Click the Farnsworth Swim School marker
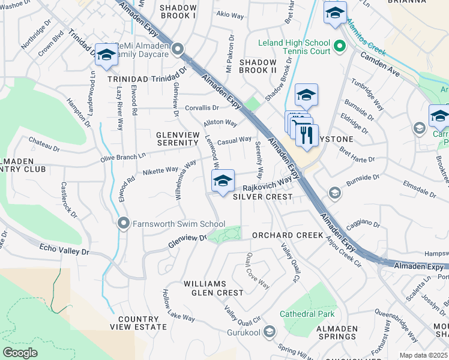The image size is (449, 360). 124,224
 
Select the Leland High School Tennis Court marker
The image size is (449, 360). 339,46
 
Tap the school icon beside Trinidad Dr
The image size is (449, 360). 106,55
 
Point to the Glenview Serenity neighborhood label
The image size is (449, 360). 177,139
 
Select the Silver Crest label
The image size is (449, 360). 262,196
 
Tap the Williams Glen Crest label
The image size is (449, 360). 214,288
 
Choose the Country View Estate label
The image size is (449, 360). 139,323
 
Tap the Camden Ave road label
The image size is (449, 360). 381,64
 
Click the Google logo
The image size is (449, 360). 20,353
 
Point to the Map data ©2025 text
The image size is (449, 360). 423,355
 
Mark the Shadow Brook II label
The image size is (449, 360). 258,66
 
